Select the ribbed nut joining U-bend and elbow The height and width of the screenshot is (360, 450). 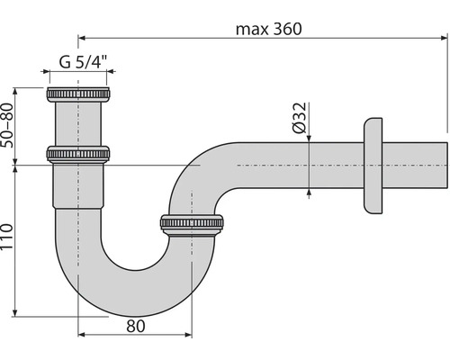click(x=191, y=224)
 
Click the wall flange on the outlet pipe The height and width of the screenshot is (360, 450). click(x=370, y=166)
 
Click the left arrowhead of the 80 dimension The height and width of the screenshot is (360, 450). click(x=82, y=334)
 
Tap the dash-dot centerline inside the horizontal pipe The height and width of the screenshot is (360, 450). click(x=288, y=166)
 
